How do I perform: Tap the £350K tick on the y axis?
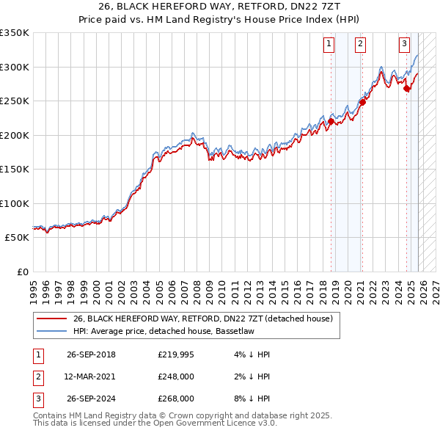pos(15,33)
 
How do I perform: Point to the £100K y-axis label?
pos(15,203)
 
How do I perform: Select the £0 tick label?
pos(22,272)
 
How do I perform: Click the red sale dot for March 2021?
pos(362,102)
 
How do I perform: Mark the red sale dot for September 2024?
pos(407,89)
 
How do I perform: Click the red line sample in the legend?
pos(51,319)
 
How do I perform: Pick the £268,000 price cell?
pos(176,399)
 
